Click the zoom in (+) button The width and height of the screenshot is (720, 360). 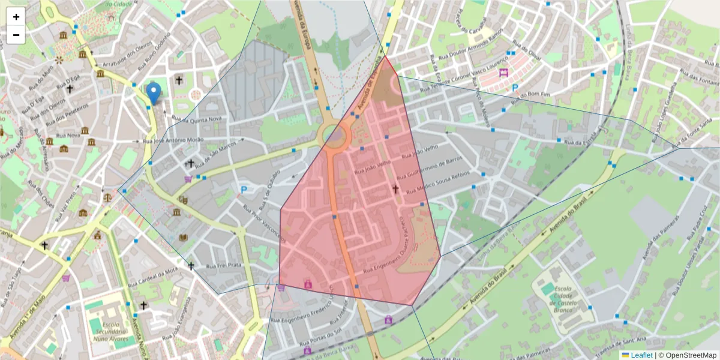(x=16, y=17)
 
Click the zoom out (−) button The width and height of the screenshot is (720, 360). (x=16, y=35)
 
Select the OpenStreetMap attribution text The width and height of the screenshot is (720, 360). (x=687, y=355)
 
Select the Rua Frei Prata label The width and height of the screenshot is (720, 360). (x=224, y=265)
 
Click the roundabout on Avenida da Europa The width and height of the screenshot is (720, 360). (x=334, y=136)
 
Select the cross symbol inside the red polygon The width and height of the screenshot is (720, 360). (x=395, y=189)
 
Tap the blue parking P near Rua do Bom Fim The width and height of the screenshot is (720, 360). (x=514, y=88)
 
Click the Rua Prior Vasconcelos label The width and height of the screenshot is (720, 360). (x=264, y=222)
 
